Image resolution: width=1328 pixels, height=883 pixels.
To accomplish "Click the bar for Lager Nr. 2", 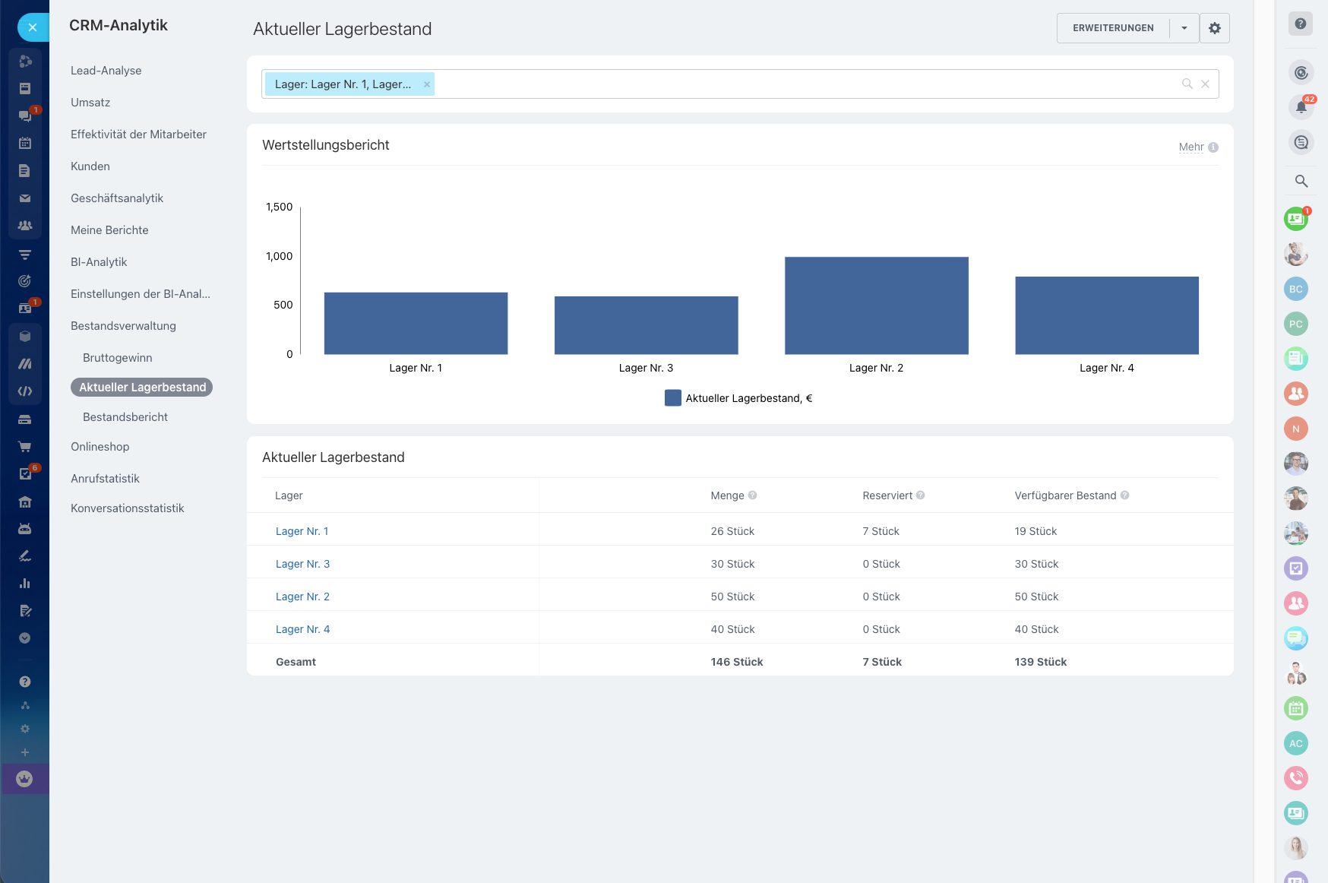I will click(x=876, y=305).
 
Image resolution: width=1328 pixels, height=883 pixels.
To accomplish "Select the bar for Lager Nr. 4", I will click(x=1106, y=315).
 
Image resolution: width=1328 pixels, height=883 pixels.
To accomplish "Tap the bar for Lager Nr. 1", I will click(x=416, y=323).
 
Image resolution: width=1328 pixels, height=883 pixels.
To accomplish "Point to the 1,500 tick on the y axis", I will click(x=279, y=207).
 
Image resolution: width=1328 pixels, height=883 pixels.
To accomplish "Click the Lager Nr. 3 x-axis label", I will click(x=646, y=368).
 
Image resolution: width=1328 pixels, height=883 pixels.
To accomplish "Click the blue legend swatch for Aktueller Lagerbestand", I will click(x=672, y=397).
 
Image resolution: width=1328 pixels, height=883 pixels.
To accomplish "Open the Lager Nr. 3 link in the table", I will click(x=302, y=564).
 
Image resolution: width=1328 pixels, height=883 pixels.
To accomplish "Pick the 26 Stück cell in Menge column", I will click(x=732, y=531).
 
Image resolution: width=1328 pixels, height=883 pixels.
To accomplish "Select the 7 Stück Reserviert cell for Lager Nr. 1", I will click(x=881, y=531).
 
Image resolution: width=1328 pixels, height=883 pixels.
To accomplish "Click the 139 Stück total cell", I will click(x=1040, y=662).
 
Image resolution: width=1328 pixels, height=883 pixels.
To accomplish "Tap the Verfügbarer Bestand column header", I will click(x=1065, y=495).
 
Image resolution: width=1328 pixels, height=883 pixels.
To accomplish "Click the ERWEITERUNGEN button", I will click(x=1112, y=28).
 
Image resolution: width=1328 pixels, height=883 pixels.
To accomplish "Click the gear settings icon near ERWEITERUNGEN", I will click(x=1214, y=28).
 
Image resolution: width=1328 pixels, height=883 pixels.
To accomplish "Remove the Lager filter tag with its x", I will click(x=427, y=84).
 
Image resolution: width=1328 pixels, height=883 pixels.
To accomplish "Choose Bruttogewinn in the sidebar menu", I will click(x=118, y=358).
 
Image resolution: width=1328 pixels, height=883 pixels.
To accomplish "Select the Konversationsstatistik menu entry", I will click(x=128, y=508).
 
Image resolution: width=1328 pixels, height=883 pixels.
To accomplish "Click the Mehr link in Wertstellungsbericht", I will click(x=1190, y=147).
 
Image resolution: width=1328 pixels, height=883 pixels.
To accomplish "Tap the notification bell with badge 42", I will click(x=1301, y=107).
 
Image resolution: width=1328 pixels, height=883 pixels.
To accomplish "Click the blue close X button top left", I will click(x=32, y=27).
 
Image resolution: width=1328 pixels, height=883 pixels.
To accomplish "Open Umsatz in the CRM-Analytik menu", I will click(x=90, y=103).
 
